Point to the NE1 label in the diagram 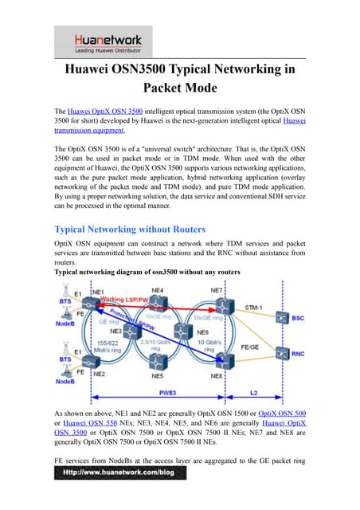(98, 293)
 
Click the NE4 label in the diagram (158, 290)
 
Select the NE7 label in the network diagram (216, 290)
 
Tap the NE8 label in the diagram (216, 373)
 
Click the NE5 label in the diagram (158, 373)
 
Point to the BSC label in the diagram (296, 317)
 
